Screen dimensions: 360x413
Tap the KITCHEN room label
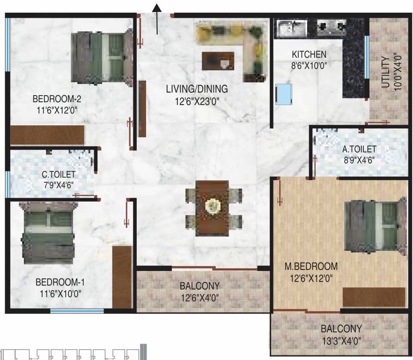(x=309, y=54)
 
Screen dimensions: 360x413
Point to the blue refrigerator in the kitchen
(x=284, y=94)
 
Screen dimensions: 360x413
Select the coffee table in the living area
(x=218, y=61)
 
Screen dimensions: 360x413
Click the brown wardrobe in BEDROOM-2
(x=47, y=135)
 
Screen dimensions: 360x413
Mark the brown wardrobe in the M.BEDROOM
(x=374, y=297)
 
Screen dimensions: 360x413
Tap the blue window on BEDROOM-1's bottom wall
(x=77, y=311)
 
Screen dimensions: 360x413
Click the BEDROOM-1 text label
(x=60, y=282)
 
